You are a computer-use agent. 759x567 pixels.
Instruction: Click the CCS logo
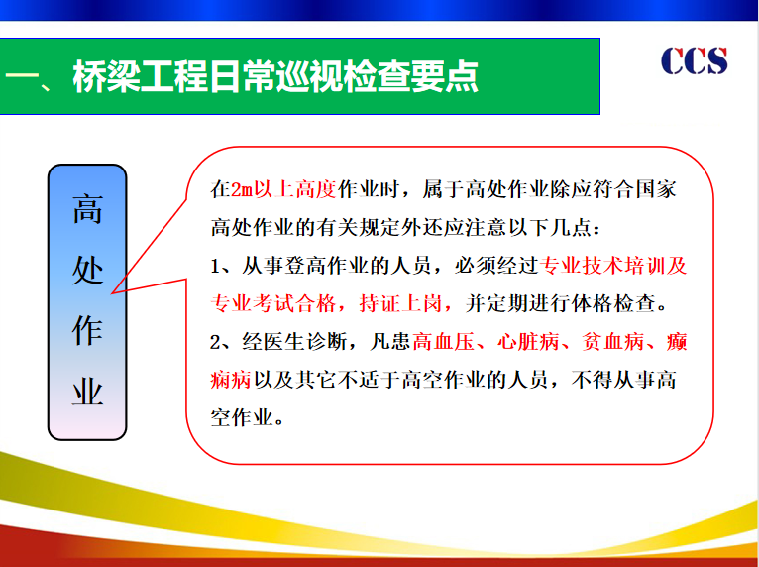[694, 60]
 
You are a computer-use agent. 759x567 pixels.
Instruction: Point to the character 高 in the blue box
[87, 209]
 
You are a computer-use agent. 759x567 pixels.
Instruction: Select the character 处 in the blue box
[87, 270]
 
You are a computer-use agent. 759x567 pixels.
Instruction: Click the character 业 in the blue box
[87, 392]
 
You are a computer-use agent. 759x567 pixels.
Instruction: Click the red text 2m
[242, 189]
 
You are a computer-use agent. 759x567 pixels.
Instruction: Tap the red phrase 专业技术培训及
[612, 266]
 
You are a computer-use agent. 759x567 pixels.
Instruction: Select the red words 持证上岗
[401, 303]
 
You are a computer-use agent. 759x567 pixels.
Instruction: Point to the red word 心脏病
[528, 341]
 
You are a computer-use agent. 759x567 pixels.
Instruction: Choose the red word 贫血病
[612, 341]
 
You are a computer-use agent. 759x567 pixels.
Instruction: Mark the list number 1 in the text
[215, 266]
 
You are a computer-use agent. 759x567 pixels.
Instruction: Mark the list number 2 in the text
[215, 342]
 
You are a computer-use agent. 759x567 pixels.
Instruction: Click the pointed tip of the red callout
[112, 293]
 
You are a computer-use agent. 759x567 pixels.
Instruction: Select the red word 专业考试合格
[273, 303]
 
